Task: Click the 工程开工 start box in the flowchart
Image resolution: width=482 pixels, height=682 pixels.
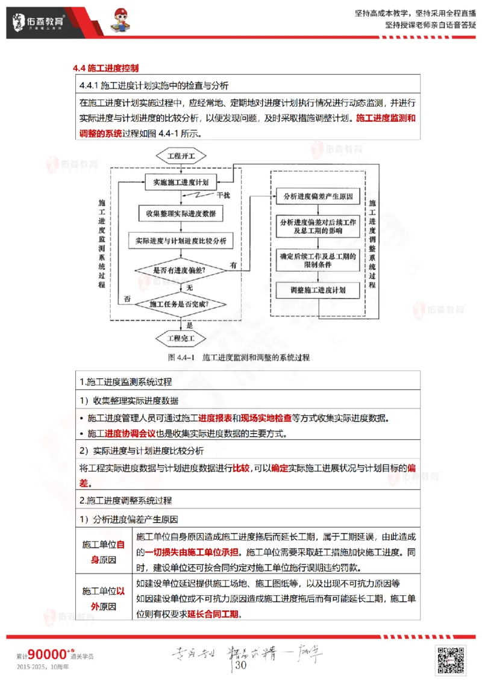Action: (x=181, y=156)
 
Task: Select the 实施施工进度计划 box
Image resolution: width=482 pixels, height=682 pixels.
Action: (x=181, y=181)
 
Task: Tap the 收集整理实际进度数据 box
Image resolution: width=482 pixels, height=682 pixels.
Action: (x=181, y=213)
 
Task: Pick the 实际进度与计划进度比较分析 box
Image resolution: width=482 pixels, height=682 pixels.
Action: (x=181, y=241)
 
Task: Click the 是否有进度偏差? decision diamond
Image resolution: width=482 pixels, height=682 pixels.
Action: (x=180, y=270)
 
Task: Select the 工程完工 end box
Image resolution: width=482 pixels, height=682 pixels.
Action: (x=181, y=338)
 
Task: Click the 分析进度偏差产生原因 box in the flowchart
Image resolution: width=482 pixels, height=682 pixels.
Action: (x=318, y=197)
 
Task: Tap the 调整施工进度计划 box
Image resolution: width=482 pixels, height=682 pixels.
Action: (x=318, y=290)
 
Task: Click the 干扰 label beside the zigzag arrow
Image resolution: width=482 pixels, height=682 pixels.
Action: (x=223, y=196)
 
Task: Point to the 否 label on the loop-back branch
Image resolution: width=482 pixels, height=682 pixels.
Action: (x=127, y=298)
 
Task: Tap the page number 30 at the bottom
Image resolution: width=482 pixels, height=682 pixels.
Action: (x=240, y=665)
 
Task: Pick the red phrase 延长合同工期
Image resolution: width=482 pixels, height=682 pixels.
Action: (x=213, y=614)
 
